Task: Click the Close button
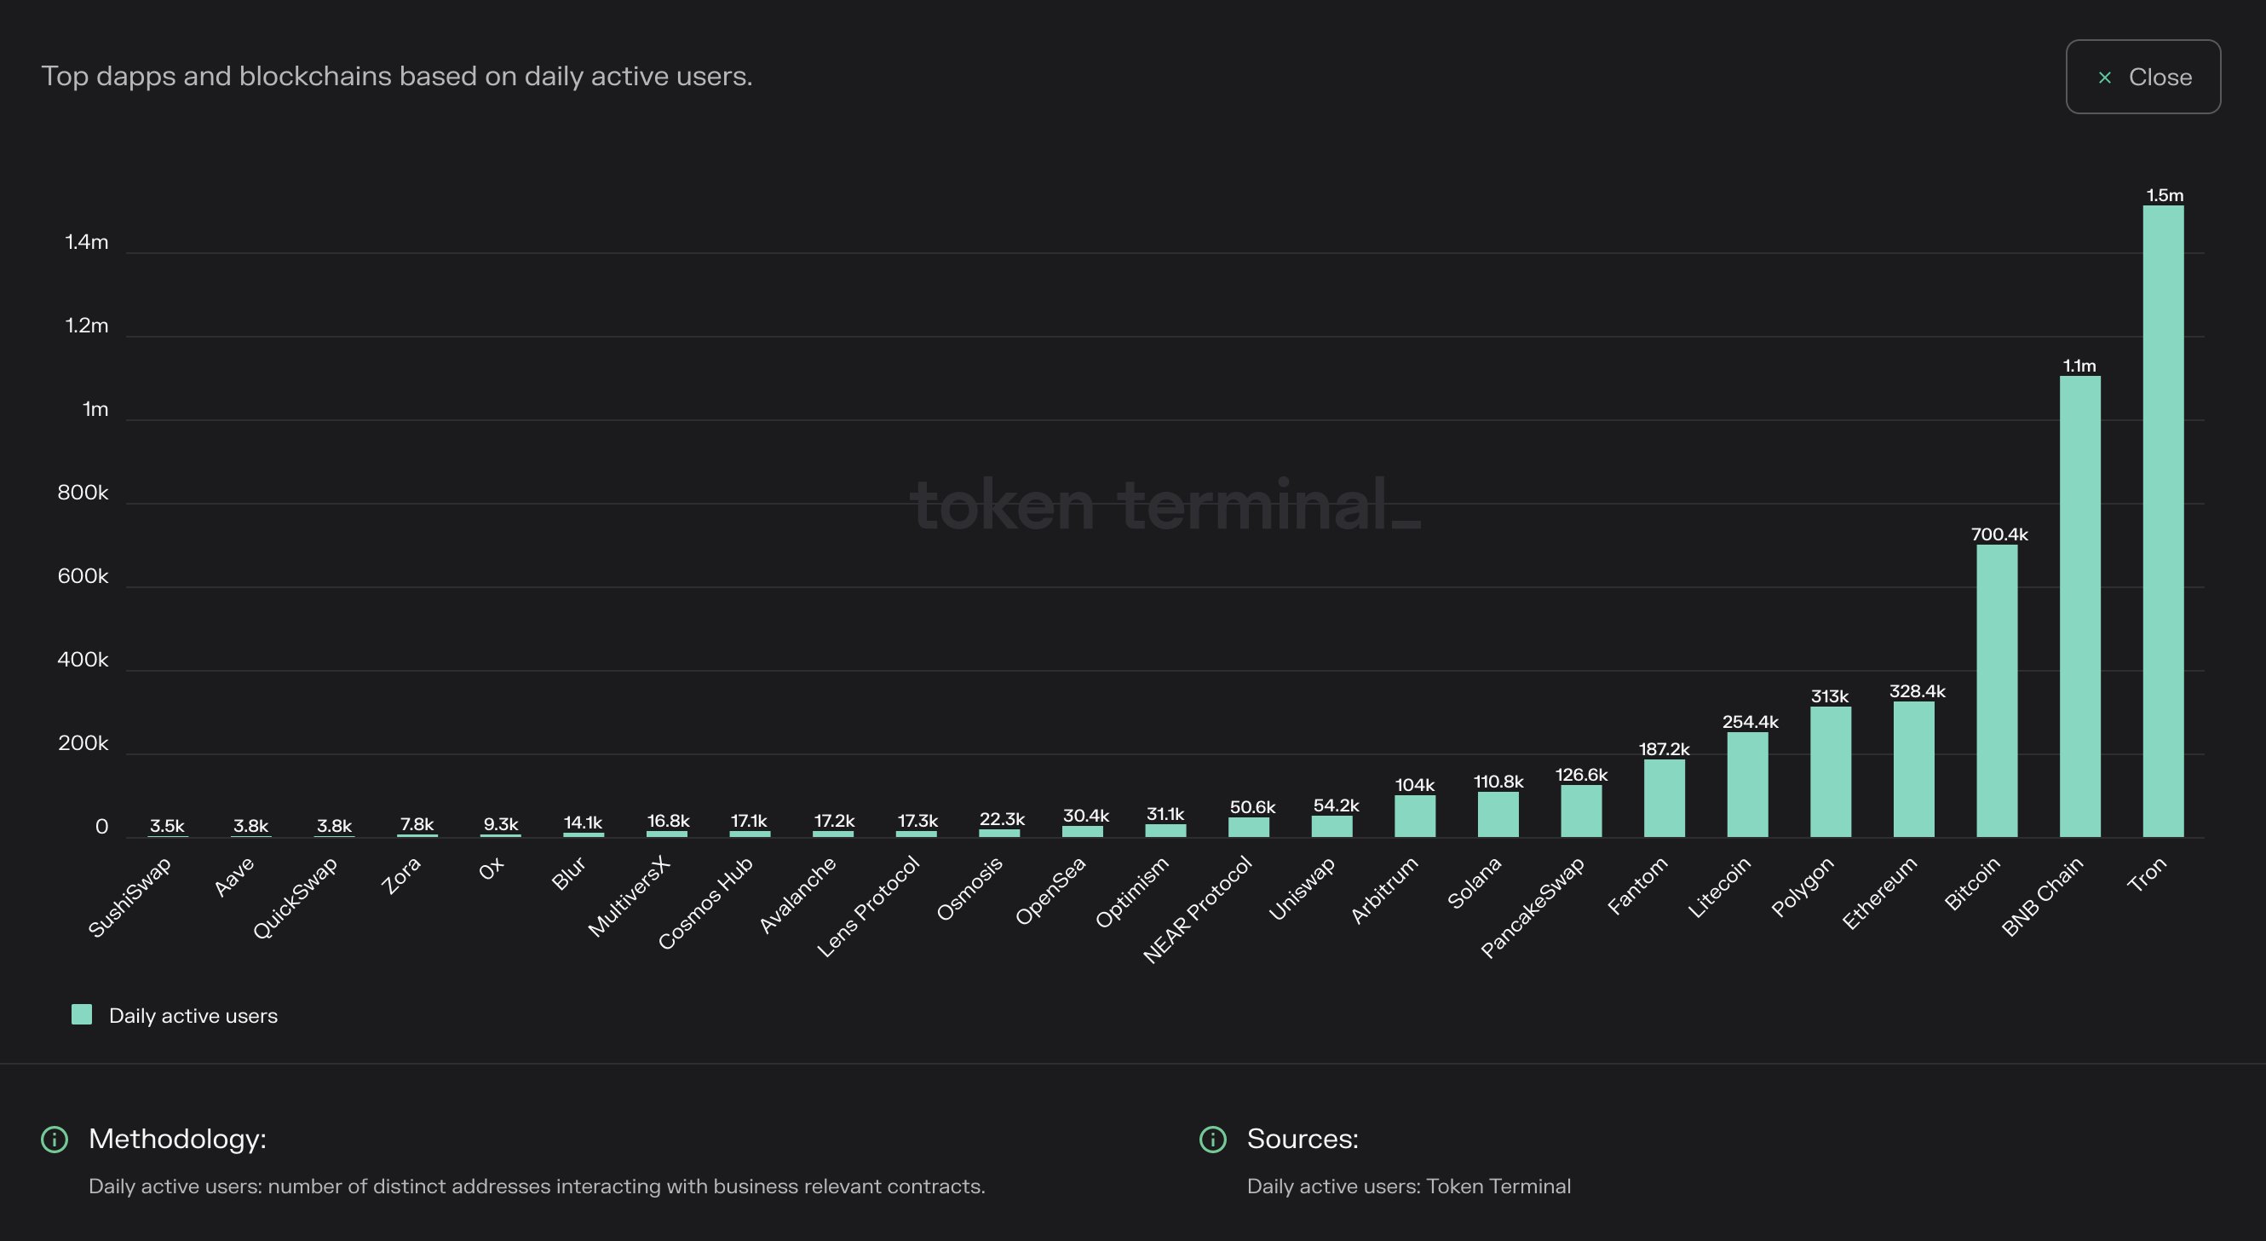tap(2142, 77)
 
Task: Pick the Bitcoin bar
tap(1997, 691)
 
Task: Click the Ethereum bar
tap(1913, 770)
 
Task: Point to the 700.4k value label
tap(1999, 534)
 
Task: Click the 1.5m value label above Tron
tap(2164, 195)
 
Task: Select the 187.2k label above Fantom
tap(1665, 749)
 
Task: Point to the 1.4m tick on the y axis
tap(86, 242)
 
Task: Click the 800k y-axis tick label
tap(83, 493)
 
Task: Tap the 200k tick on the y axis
tap(83, 744)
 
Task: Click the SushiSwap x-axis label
tap(130, 897)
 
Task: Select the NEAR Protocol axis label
tap(1197, 909)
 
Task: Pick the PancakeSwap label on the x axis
tap(1533, 907)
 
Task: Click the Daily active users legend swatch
tap(82, 1015)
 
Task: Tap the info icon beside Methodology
tap(55, 1140)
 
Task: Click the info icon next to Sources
tap(1213, 1140)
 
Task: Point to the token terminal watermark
tap(1165, 506)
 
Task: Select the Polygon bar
tap(1831, 772)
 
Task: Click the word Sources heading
tap(1302, 1139)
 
